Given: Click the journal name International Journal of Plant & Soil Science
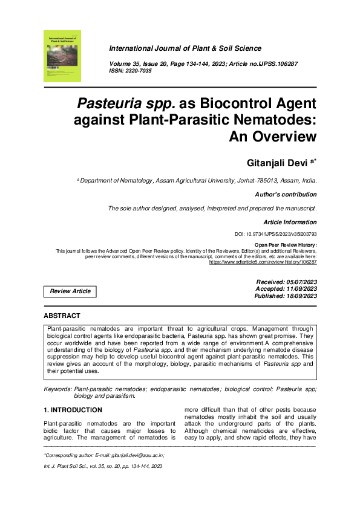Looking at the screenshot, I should click(185, 48).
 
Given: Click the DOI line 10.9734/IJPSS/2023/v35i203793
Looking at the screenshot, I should click(275, 234).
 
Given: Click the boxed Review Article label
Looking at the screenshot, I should click(70, 291).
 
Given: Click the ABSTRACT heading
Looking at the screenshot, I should click(62, 316).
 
